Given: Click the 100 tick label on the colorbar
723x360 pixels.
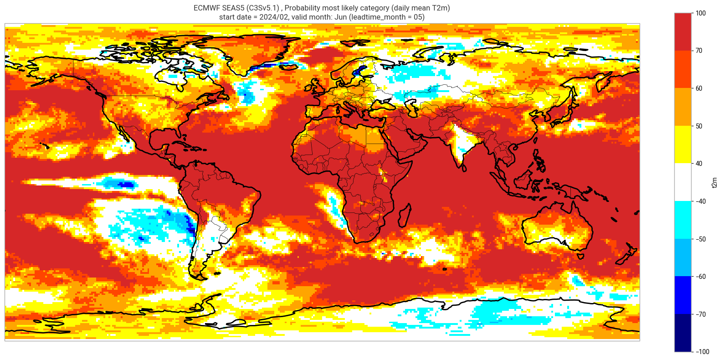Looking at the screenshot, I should coord(701,13).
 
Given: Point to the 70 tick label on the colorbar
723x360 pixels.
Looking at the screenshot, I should coord(699,51).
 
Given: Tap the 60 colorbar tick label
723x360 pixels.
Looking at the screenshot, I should coord(699,88).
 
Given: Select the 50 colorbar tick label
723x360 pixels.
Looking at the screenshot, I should coord(699,126).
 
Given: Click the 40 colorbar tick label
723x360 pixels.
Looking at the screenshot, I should coord(699,164).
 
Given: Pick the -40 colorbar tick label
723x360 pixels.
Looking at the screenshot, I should coord(700,201).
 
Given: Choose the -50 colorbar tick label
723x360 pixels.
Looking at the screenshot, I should coord(700,239).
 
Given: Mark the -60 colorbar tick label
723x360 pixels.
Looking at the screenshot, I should coord(700,277).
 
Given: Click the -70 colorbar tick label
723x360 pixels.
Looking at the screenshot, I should coord(700,314).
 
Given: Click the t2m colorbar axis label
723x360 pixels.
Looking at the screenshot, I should coord(714,182).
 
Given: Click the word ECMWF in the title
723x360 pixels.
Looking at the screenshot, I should coord(206,8).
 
